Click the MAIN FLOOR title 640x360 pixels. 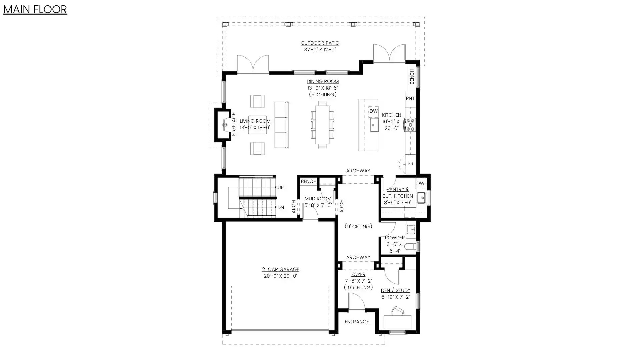[35, 9]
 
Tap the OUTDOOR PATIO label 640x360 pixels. [320, 43]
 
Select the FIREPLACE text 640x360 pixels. [234, 124]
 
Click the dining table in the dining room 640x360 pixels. [322, 125]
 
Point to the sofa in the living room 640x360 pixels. [282, 125]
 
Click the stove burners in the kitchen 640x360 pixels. [410, 125]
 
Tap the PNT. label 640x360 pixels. [411, 98]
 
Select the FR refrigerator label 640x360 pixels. [411, 164]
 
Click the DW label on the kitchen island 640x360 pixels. [373, 111]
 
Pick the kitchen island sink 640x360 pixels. [374, 125]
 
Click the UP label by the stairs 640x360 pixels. [281, 188]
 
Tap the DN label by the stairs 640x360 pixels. [281, 207]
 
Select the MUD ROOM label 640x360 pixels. [318, 199]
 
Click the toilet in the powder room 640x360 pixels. [410, 247]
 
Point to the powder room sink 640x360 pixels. [411, 229]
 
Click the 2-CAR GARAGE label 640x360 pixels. [281, 269]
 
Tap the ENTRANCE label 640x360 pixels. [357, 322]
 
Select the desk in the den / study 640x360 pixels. [397, 322]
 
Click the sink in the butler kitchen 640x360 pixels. [421, 198]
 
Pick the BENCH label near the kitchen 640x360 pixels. [412, 76]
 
